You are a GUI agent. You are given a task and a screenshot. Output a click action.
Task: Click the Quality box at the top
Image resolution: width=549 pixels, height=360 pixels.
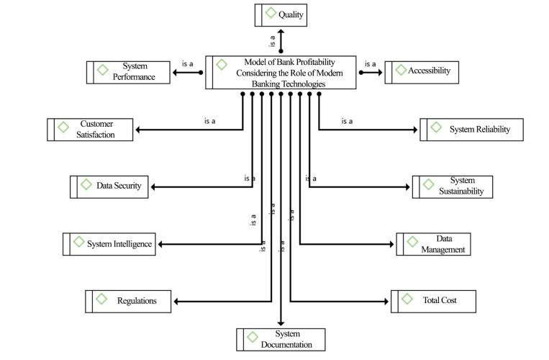point(281,15)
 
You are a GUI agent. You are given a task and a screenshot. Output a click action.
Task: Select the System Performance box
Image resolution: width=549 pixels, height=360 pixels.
point(128,73)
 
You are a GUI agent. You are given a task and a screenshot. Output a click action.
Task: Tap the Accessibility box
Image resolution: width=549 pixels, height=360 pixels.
point(422,73)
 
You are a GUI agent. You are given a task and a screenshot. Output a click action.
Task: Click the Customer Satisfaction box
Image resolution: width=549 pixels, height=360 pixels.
point(90,130)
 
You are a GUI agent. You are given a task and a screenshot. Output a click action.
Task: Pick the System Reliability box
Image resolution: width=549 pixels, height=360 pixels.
point(471,130)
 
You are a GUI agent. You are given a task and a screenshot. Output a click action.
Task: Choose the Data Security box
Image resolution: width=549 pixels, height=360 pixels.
point(109,187)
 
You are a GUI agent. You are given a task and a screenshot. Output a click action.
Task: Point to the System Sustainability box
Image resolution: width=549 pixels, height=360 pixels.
point(453,187)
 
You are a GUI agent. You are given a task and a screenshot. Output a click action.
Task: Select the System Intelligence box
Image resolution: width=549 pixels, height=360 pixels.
point(109,244)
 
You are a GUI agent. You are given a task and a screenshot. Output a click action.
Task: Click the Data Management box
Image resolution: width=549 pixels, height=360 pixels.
point(433,244)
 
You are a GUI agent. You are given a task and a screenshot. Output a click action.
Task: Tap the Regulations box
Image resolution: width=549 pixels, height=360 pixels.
point(128,301)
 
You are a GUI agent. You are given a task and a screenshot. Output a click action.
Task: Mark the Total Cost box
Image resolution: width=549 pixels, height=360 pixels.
point(433,301)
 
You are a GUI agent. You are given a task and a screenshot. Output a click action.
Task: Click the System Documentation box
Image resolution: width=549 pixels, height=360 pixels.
point(281,339)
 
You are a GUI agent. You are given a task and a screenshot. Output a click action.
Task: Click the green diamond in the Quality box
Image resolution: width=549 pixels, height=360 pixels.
point(271,13)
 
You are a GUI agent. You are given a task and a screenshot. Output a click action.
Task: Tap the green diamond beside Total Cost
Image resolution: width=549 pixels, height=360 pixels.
point(407,299)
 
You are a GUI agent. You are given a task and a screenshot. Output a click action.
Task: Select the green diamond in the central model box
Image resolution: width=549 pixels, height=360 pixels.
point(222,64)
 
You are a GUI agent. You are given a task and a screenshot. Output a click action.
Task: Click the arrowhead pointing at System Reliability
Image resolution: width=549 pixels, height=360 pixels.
point(415,130)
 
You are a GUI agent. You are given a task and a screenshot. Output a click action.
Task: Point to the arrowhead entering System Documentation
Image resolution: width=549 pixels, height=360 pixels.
point(281,323)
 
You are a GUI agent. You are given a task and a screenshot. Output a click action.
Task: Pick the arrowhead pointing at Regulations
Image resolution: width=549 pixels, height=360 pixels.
point(176,301)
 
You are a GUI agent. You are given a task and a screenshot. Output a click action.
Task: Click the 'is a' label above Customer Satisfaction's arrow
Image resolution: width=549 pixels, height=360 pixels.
point(209,121)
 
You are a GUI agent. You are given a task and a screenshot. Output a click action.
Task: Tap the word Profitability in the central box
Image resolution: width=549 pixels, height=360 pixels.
point(315,63)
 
